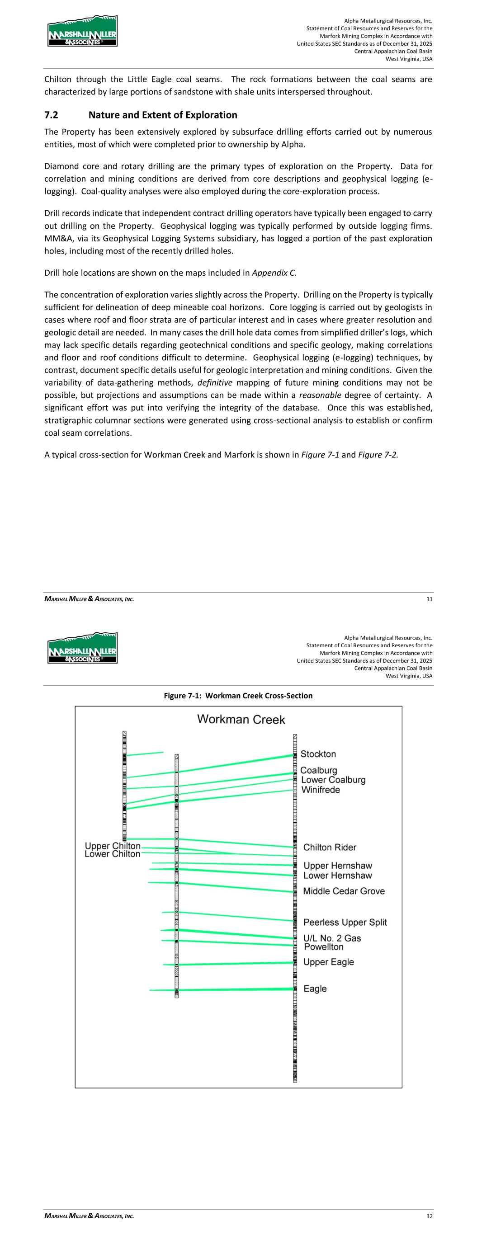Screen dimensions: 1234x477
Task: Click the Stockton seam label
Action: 318,754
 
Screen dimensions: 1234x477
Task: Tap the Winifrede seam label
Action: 320,790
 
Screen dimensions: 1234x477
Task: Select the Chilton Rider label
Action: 329,848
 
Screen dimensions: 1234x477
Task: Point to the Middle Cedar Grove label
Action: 344,891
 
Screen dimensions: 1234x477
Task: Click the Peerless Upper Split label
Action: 345,922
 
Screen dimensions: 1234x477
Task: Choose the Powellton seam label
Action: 324,947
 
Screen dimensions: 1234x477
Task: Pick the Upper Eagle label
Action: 328,962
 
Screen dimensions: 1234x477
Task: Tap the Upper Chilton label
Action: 113,846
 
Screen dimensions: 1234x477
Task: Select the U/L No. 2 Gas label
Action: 332,938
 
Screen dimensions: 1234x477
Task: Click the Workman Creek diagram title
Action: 241,720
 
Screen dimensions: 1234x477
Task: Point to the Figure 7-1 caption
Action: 238,696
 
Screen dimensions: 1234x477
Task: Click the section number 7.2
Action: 51,115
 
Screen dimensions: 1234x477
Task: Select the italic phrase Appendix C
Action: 274,273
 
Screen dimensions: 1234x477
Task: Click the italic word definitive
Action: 215,382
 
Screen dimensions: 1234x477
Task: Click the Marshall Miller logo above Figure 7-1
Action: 82,648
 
